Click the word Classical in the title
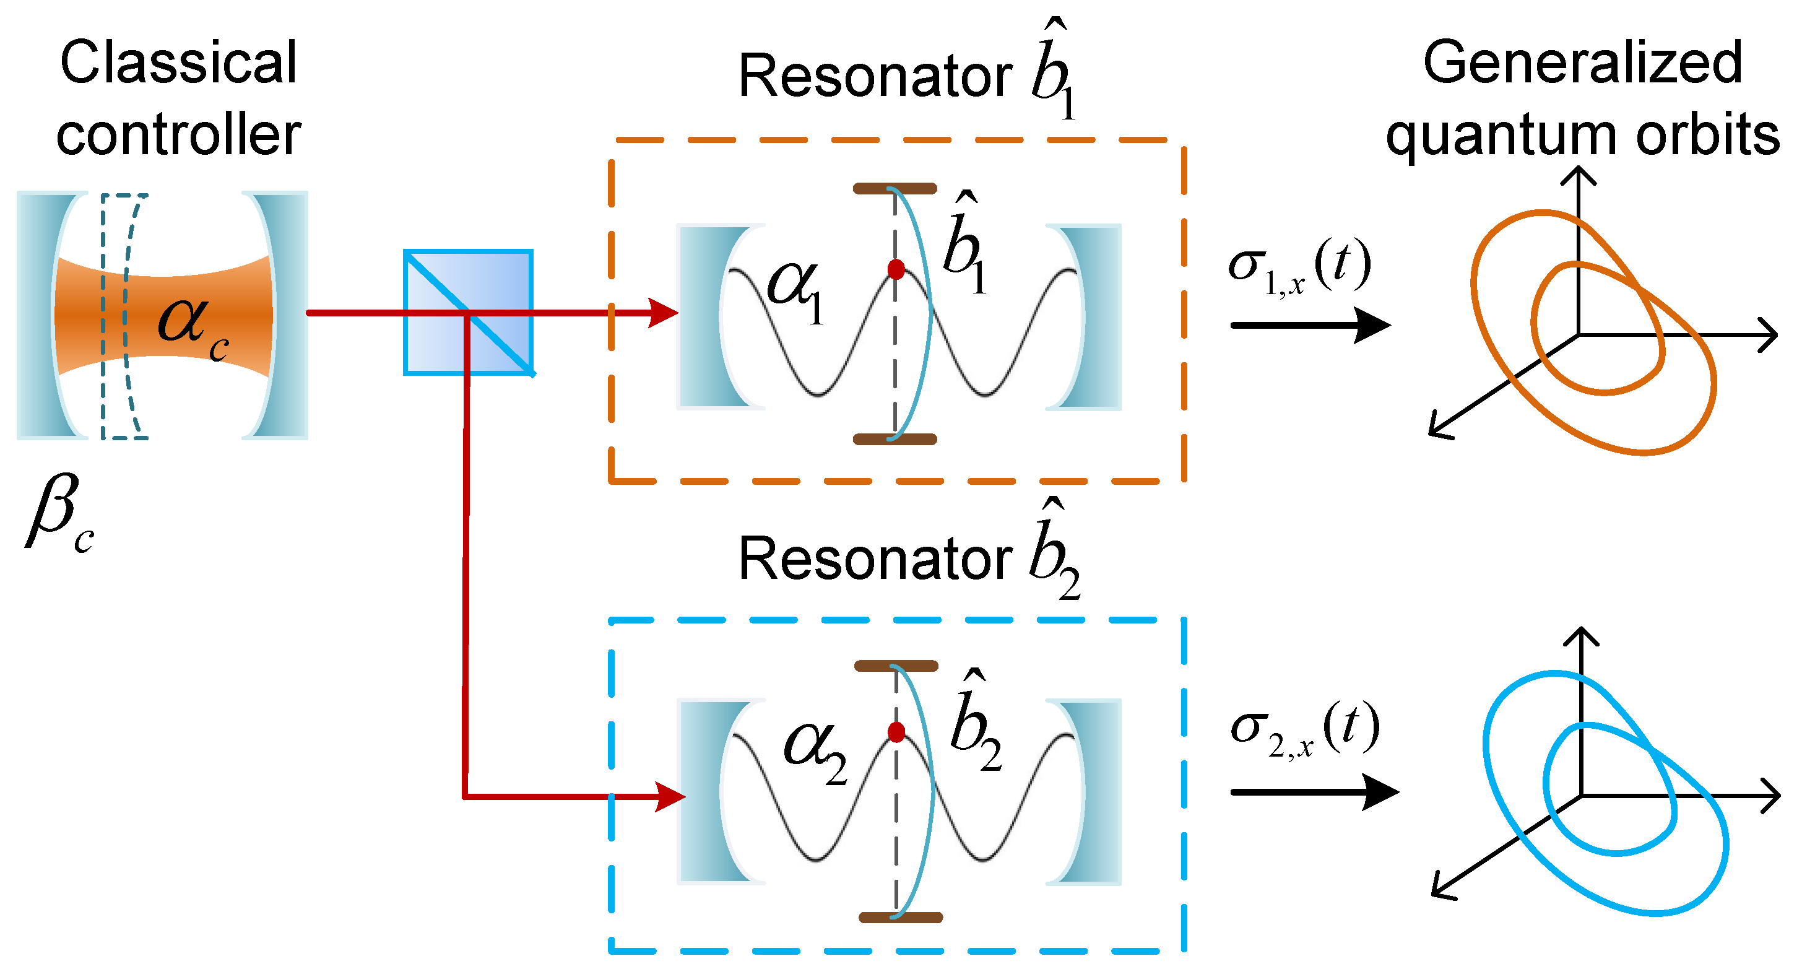click(x=178, y=63)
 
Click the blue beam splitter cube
click(x=468, y=312)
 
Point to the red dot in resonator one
click(x=895, y=269)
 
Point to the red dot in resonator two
click(x=895, y=732)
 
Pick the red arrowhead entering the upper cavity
click(x=662, y=312)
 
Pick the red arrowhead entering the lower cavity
click(x=668, y=796)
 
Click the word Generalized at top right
click(x=1582, y=63)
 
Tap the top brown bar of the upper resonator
click(x=894, y=188)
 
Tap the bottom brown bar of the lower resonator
click(x=900, y=917)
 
